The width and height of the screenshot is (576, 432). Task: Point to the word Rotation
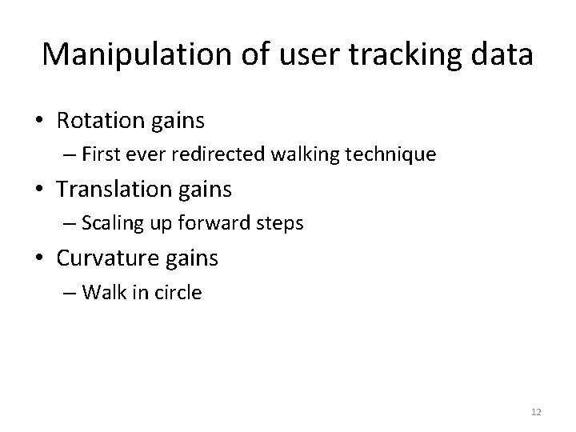tap(101, 121)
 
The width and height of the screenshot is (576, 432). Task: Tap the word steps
tap(281, 223)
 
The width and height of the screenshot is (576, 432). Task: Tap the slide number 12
tap(536, 411)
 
